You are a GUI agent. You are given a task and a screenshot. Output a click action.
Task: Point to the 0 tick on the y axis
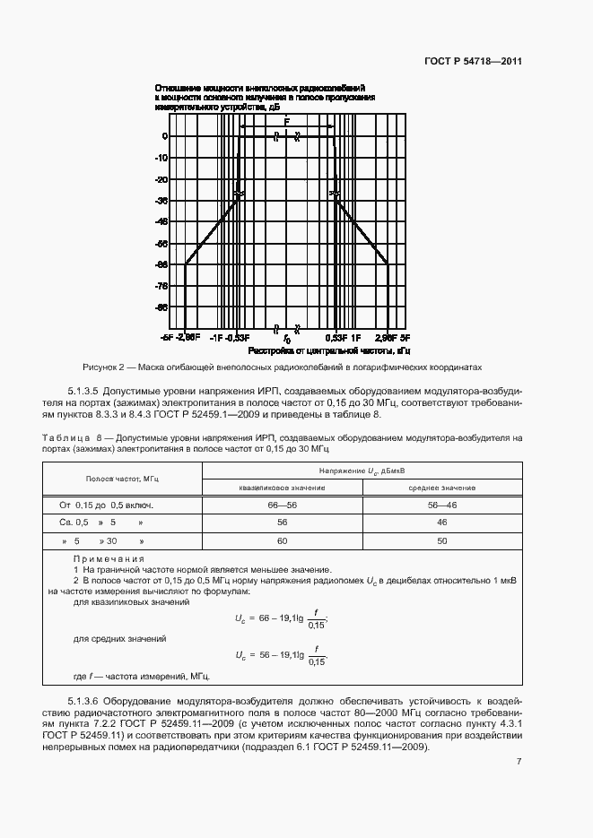pos(164,136)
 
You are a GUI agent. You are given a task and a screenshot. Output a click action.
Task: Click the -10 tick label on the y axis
pos(161,158)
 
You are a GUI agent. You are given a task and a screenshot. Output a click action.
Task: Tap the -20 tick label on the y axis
pos(161,179)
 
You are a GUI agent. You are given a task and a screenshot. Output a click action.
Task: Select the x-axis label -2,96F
pos(187,338)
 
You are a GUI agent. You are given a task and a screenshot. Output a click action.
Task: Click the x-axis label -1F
pos(216,338)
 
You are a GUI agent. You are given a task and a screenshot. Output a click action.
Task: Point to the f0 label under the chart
pos(287,340)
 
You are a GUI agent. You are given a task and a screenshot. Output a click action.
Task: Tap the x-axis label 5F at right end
pos(405,338)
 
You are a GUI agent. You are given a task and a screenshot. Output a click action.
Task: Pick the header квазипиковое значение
pos(282,488)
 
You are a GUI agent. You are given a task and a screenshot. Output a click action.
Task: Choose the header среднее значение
pos(442,488)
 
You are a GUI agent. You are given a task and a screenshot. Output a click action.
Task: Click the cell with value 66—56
pos(282,505)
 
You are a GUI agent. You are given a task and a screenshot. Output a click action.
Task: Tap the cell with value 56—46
pos(442,505)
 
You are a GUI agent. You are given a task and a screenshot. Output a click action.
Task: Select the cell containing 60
pos(282,541)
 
